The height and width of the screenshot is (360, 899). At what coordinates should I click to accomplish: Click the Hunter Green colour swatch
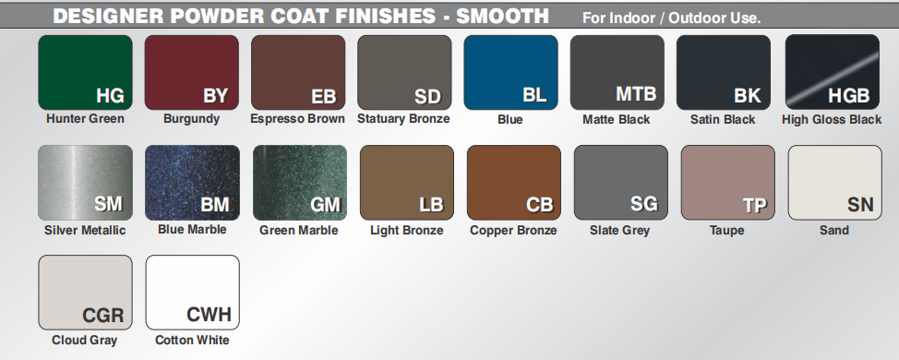(x=86, y=72)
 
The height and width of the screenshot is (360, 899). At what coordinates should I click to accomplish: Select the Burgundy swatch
(x=191, y=72)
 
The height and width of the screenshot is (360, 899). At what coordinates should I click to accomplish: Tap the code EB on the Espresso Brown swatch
(x=324, y=96)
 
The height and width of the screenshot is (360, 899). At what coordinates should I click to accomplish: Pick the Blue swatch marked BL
(x=510, y=72)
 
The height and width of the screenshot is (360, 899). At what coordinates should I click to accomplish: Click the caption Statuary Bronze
(x=403, y=119)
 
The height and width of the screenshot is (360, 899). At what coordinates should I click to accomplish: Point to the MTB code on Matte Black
(x=636, y=93)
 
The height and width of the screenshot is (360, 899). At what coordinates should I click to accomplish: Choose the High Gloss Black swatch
(x=833, y=72)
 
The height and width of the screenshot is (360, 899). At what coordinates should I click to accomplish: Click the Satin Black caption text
(x=723, y=119)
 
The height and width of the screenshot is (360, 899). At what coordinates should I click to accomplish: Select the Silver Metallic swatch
(x=86, y=183)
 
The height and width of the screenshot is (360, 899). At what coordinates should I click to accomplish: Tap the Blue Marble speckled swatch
(x=193, y=183)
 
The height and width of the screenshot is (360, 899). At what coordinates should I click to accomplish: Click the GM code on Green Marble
(x=325, y=205)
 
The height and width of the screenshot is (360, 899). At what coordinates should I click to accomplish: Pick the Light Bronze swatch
(x=407, y=183)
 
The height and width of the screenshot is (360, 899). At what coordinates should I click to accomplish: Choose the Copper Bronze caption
(x=514, y=231)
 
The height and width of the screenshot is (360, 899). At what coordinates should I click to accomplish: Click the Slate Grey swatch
(x=621, y=183)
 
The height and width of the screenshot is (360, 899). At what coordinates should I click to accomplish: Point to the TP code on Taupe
(x=755, y=206)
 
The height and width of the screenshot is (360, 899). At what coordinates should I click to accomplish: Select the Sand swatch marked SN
(x=835, y=183)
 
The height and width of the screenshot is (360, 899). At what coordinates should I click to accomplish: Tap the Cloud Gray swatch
(x=86, y=293)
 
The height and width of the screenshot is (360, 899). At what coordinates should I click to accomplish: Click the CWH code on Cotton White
(x=210, y=315)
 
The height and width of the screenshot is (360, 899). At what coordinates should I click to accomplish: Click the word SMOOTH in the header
(x=503, y=16)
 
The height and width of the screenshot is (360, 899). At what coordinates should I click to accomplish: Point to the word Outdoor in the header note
(x=694, y=18)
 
